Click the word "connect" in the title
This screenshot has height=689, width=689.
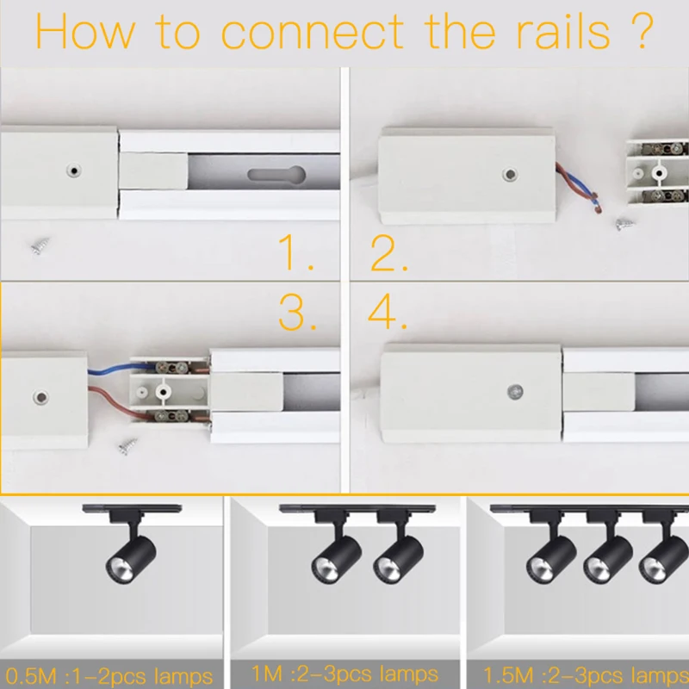pos(312,32)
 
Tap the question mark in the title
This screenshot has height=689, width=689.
pos(643,31)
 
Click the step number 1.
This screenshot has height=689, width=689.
pos(295,251)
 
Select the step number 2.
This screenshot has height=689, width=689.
pos(389,253)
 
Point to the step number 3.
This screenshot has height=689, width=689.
pos(297,312)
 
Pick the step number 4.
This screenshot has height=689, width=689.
pos(387,311)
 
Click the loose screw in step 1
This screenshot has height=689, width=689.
pos(40,245)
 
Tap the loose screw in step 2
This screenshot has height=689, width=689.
pos(624,224)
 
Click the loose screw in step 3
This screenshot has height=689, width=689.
pos(127,446)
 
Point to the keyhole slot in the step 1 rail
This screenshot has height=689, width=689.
pos(276,175)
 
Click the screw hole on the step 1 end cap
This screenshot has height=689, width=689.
pos(74,171)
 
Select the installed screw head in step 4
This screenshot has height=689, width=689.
pos(515,392)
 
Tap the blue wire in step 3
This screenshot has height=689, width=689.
pos(115,369)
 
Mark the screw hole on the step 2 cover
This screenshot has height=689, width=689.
pos(510,175)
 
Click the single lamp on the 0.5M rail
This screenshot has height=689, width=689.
pos(131,553)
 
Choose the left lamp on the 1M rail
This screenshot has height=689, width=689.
pos(336,553)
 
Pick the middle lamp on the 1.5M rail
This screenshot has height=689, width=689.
pos(608,554)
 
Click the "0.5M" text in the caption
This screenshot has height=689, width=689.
pos(31,676)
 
